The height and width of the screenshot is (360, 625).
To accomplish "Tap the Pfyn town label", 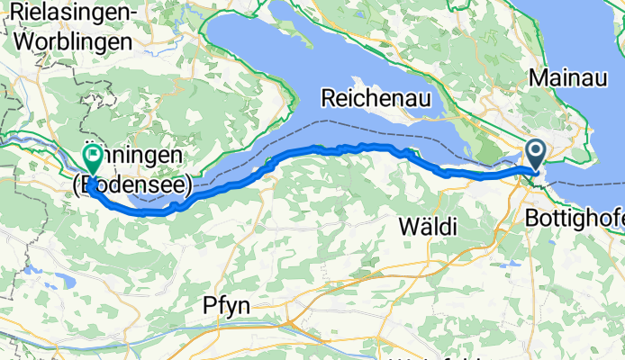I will [226, 307].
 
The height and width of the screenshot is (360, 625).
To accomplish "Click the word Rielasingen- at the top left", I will [69, 14].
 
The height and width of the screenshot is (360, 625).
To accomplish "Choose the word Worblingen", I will [70, 40].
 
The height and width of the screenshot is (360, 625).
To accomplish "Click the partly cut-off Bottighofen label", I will [574, 218].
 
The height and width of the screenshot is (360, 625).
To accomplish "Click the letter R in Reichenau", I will [328, 97].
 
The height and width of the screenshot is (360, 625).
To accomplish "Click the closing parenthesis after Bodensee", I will [187, 185].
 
